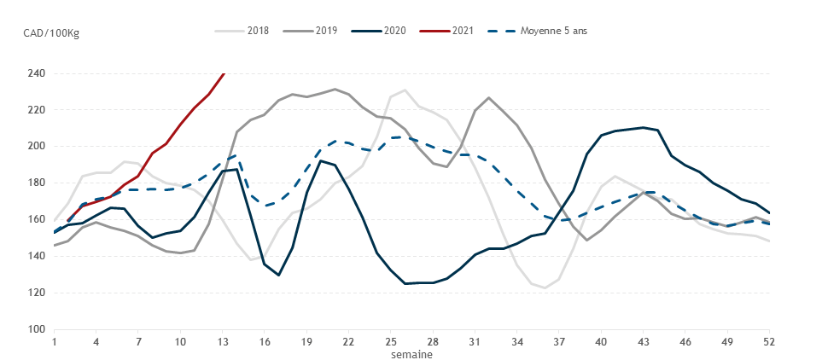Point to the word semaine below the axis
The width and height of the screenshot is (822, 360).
click(411, 353)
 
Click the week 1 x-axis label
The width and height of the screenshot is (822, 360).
click(54, 341)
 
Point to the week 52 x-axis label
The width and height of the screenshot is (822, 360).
click(769, 341)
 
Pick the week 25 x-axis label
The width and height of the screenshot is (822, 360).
click(391, 341)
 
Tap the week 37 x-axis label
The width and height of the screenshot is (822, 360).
click(559, 341)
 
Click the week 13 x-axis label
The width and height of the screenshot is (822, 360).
click(222, 341)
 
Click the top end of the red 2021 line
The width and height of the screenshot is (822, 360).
click(224, 73)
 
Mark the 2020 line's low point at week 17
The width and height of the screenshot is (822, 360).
click(279, 275)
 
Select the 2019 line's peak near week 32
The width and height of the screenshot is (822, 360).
click(489, 97)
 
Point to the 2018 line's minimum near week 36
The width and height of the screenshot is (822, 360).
click(545, 287)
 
